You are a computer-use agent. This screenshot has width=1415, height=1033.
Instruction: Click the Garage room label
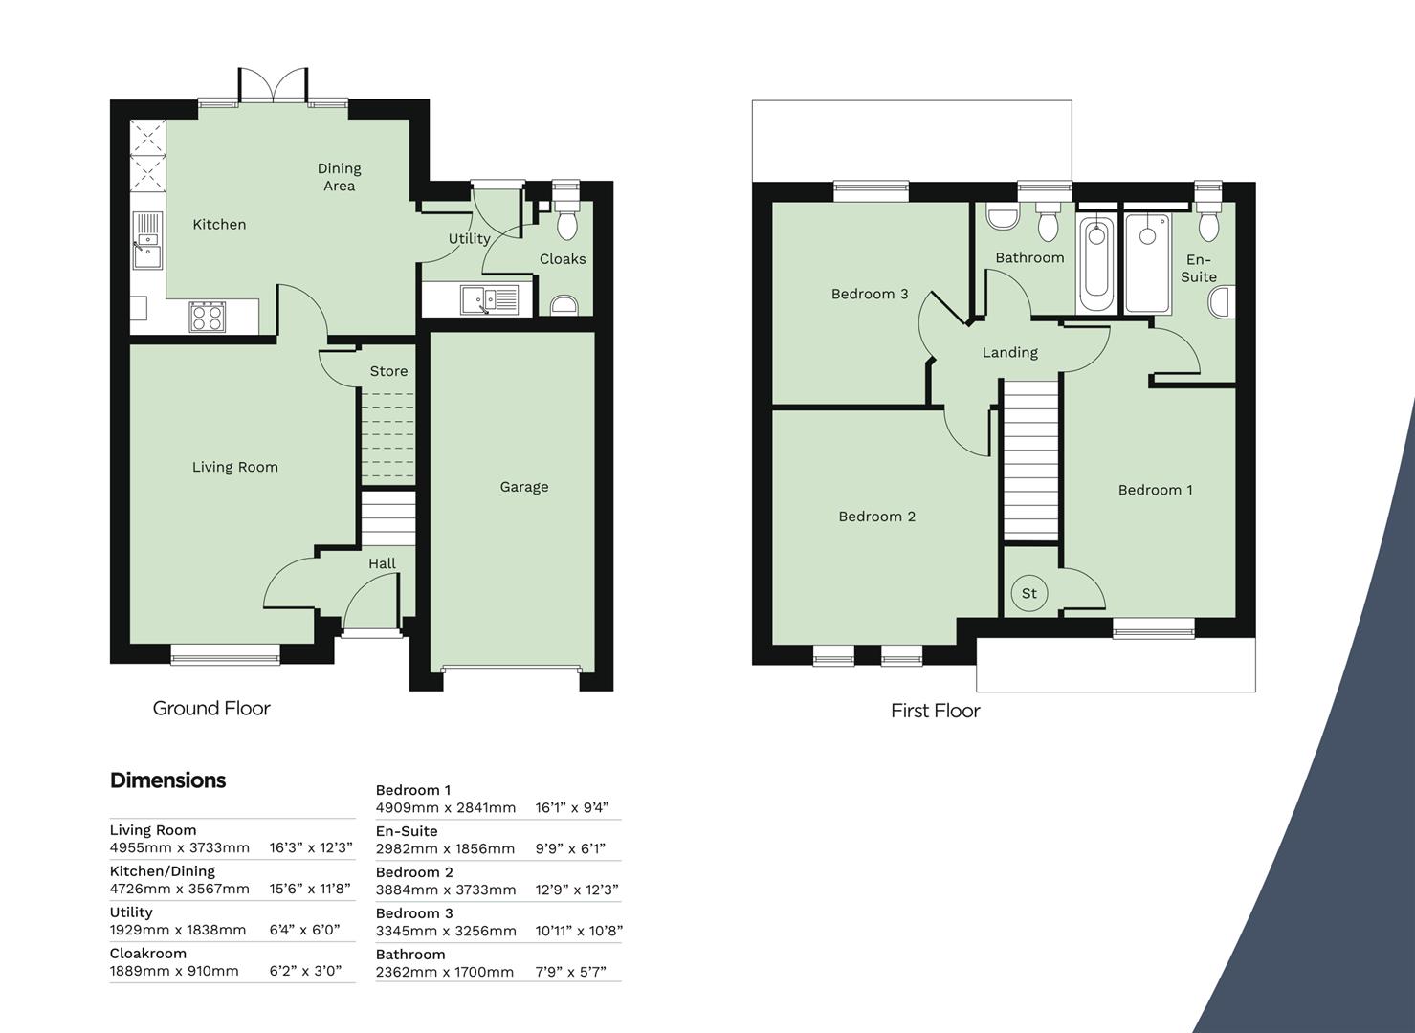pyautogui.click(x=523, y=487)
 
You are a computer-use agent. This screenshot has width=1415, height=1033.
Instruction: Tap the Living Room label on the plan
pyautogui.click(x=234, y=467)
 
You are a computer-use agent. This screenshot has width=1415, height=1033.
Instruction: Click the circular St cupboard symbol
pyautogui.click(x=1029, y=593)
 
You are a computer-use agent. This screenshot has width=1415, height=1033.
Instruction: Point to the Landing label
pyautogui.click(x=1009, y=352)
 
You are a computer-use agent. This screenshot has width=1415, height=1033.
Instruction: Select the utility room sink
pyautogui.click(x=488, y=300)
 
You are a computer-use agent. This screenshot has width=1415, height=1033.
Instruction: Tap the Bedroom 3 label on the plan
pyautogui.click(x=869, y=294)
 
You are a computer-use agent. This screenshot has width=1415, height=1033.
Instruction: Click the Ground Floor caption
pyautogui.click(x=211, y=709)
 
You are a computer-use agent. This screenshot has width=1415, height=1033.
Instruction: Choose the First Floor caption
pyautogui.click(x=935, y=711)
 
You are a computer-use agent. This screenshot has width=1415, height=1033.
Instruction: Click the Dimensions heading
pyautogui.click(x=167, y=780)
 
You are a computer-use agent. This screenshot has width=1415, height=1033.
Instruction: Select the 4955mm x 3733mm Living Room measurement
pyautogui.click(x=179, y=847)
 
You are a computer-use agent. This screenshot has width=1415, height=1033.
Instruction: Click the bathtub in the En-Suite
pyautogui.click(x=1148, y=263)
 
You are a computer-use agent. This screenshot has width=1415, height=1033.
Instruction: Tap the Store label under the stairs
pyautogui.click(x=388, y=371)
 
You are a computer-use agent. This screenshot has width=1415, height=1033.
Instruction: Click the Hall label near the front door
pyautogui.click(x=382, y=563)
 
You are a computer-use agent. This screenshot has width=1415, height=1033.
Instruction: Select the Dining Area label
pyautogui.click(x=339, y=177)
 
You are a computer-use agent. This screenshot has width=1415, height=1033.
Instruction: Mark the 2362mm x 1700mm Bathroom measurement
pyautogui.click(x=444, y=972)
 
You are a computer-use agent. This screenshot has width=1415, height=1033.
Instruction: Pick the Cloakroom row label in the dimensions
pyautogui.click(x=147, y=953)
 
